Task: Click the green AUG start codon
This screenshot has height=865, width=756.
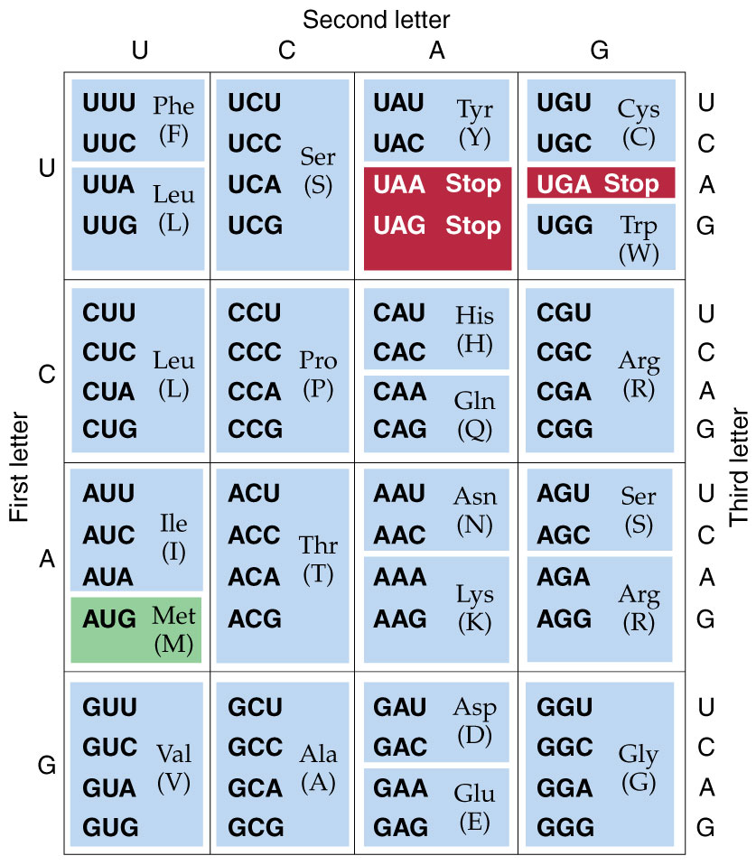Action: click(x=109, y=619)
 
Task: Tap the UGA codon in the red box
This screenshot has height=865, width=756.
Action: click(x=565, y=184)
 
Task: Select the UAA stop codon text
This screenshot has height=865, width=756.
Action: click(x=399, y=184)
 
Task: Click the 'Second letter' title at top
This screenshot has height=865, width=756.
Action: click(x=376, y=19)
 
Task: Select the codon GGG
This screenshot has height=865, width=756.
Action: click(x=565, y=827)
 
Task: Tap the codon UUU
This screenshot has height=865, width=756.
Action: click(x=109, y=103)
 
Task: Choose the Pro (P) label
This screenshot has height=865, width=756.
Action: click(x=318, y=375)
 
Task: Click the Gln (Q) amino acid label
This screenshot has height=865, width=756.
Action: click(x=475, y=414)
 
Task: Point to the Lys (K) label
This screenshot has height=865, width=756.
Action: click(x=475, y=607)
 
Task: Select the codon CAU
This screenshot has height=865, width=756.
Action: click(x=399, y=313)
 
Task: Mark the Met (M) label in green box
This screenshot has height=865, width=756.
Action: click(x=173, y=630)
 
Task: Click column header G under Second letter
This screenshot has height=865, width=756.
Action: click(x=599, y=51)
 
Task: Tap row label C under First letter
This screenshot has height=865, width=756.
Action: click(x=47, y=373)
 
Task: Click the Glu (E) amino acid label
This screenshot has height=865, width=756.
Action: click(x=475, y=807)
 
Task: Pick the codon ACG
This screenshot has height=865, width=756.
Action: click(x=255, y=619)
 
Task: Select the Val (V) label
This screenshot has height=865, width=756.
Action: click(x=173, y=767)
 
